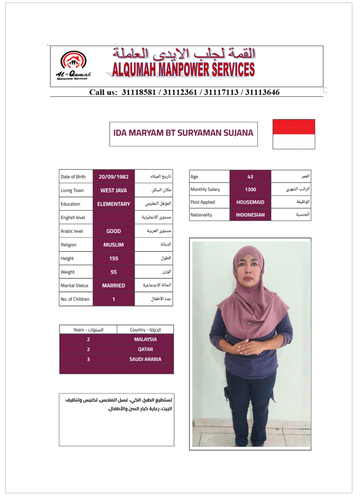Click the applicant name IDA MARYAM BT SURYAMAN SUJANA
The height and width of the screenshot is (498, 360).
coord(184,133)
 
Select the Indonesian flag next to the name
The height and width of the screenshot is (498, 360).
coord(294,134)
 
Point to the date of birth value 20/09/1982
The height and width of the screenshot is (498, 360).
coord(114,176)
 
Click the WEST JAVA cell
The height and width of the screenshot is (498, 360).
coord(114,190)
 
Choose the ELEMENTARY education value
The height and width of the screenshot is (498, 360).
coord(114,204)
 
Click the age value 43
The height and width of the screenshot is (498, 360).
coord(250,176)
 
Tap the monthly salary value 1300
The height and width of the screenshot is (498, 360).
coord(250,189)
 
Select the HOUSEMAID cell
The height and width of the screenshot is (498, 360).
coord(250,202)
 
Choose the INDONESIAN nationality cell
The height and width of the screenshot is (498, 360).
coord(250,215)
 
